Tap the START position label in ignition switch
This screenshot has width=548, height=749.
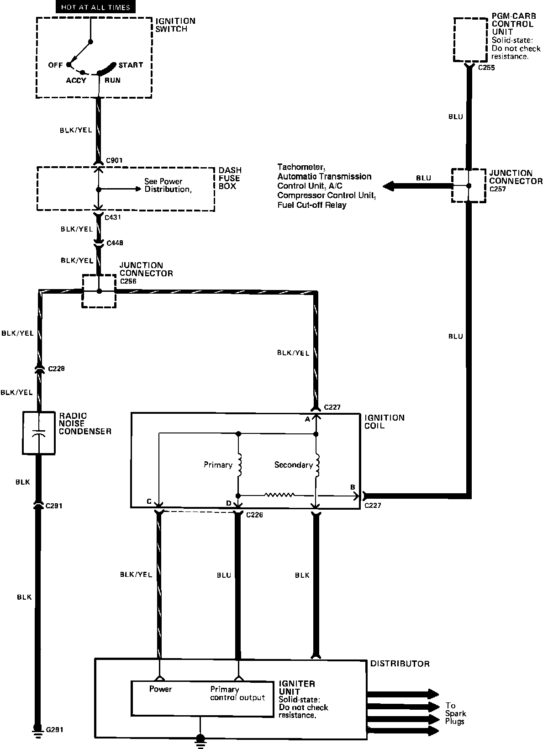point(131,65)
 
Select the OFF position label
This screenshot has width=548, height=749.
point(55,65)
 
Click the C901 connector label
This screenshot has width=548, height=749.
point(114,160)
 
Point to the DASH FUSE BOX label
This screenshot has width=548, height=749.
point(230,178)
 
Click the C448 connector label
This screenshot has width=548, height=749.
point(114,243)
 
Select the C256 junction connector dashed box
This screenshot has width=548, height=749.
point(99,291)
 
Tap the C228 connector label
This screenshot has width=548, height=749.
point(55,369)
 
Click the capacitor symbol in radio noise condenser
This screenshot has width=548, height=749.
point(39,433)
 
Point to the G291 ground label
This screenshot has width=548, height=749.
point(54,730)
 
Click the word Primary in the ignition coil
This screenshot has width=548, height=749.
point(218,465)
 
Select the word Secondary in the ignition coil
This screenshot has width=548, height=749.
point(293,465)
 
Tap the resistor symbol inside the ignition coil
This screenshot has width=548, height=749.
point(279,495)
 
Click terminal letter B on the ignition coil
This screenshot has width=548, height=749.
point(353,487)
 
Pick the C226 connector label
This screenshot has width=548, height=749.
point(254,515)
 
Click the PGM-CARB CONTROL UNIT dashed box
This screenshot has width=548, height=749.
point(470,40)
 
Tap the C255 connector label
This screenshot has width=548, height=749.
point(486,68)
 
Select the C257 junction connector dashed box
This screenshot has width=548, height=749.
point(469,185)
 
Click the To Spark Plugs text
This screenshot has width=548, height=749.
point(455,713)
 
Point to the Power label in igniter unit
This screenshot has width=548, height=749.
point(160,689)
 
